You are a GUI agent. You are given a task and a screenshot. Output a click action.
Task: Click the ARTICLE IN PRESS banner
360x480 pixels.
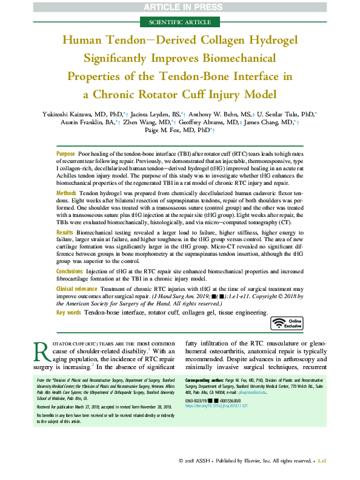coord(179,7)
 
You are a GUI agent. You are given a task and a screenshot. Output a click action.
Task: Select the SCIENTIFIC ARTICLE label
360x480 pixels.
coord(180,22)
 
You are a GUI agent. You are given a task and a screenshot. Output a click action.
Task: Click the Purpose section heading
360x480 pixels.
coord(65,155)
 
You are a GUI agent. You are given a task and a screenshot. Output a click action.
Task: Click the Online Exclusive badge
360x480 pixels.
coord(286,324)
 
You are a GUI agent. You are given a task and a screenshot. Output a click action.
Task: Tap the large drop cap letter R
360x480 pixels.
coord(41,358)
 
